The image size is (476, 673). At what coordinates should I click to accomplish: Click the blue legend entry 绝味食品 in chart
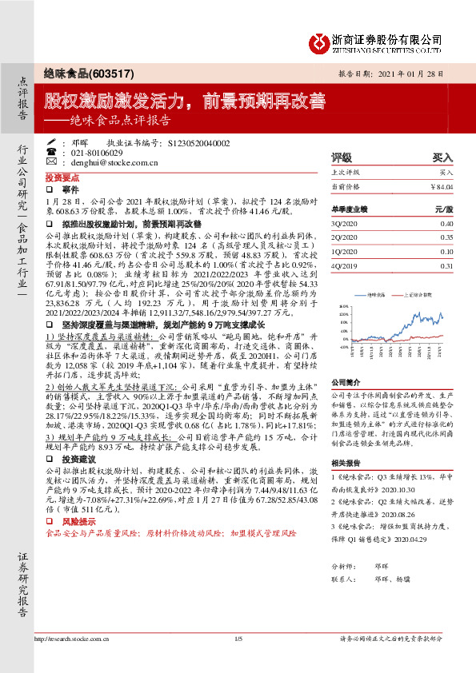[x=376, y=295]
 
